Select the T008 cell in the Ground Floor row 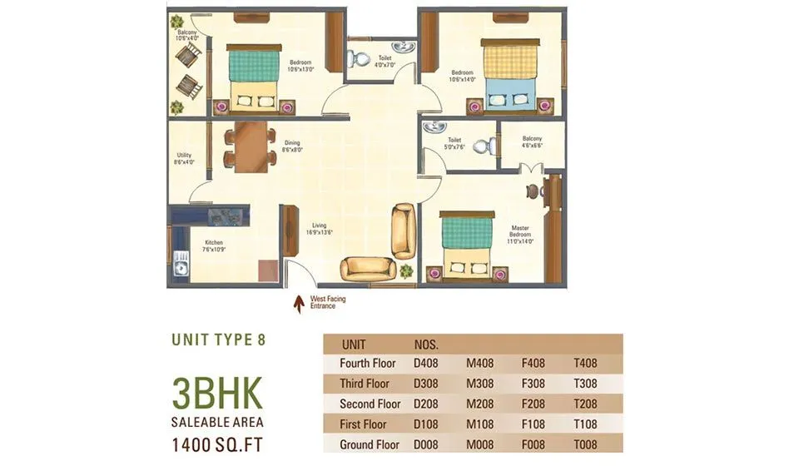[x=585, y=445]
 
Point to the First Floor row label [x=365, y=424]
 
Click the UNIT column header [x=354, y=344]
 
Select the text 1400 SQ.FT [x=218, y=444]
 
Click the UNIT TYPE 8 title [x=218, y=340]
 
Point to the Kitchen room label [x=215, y=246]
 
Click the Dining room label [x=291, y=146]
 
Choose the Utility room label [x=185, y=158]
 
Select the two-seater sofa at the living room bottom [x=368, y=268]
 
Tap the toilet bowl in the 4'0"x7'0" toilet [x=359, y=60]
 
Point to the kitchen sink [x=180, y=266]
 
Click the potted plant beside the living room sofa [x=406, y=270]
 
